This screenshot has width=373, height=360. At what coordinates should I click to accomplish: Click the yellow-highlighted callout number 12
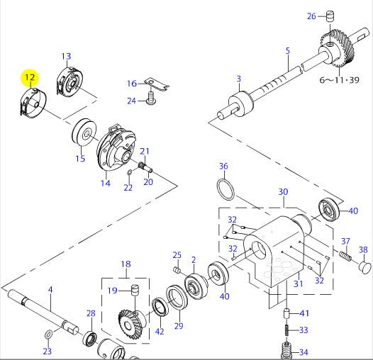tap(30, 77)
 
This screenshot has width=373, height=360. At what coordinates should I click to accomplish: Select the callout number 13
tap(66, 57)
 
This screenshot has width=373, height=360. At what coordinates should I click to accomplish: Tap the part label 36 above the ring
tap(223, 167)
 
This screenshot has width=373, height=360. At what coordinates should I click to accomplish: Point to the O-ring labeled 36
tap(226, 189)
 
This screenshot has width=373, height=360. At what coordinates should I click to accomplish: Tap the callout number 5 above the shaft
tap(287, 50)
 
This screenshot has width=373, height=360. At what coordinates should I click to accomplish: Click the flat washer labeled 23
tap(48, 333)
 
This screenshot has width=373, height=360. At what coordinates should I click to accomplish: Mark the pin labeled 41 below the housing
tap(288, 313)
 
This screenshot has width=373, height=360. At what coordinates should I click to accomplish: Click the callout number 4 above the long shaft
tap(50, 289)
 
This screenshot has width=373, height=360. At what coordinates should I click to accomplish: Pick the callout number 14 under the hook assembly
tap(105, 184)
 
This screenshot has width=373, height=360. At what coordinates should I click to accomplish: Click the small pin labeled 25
tap(177, 270)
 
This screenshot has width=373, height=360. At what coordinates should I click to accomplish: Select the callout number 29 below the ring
tap(179, 325)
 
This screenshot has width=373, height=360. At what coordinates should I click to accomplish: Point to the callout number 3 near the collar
tap(239, 79)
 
